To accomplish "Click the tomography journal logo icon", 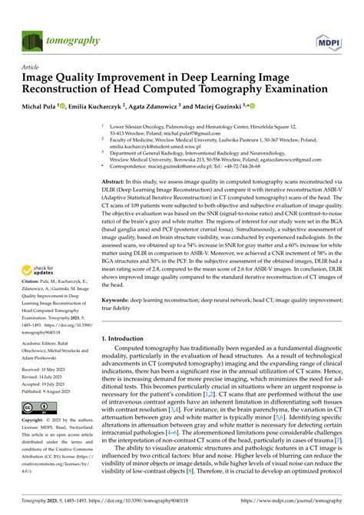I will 31,39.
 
